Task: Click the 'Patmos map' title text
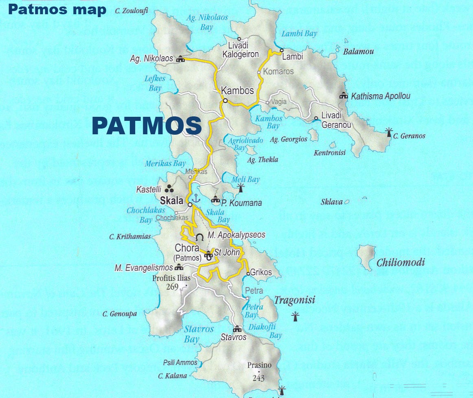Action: [57, 9]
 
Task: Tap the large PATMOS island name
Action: [147, 126]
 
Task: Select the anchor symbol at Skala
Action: [196, 199]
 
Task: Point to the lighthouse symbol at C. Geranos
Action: [389, 132]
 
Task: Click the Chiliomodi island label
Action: [400, 262]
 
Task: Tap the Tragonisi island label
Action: [294, 301]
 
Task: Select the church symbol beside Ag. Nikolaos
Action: [180, 59]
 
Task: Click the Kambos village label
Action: [237, 90]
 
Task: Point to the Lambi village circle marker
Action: [281, 50]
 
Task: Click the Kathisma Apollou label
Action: [380, 96]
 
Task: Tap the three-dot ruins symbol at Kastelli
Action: [170, 188]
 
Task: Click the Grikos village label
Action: [261, 272]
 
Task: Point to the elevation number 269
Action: [172, 286]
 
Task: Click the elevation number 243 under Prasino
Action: [258, 378]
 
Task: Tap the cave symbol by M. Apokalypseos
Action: [199, 237]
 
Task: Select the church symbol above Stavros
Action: [236, 329]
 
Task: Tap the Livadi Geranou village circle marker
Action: [316, 118]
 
